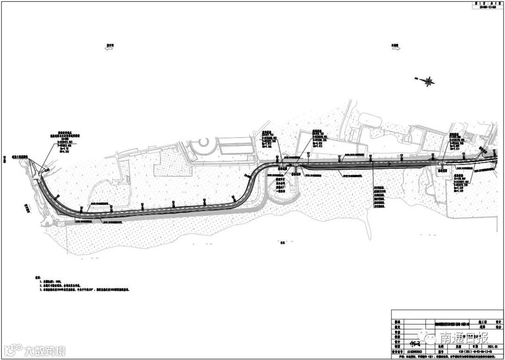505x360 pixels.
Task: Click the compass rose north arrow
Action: pos(427,81)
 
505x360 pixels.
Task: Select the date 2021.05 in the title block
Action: pos(486,347)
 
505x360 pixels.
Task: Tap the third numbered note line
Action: pos(84,290)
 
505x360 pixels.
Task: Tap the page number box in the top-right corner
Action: pos(486,5)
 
